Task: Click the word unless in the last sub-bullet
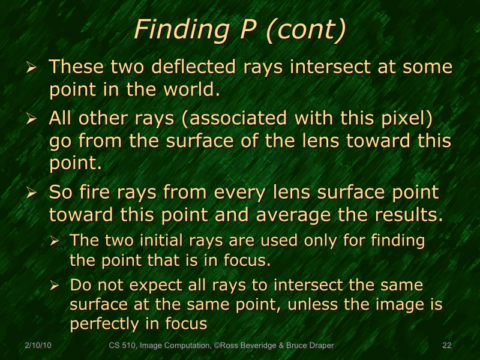click(x=312, y=304)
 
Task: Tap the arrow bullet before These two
click(x=32, y=67)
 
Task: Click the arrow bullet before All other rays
click(x=32, y=119)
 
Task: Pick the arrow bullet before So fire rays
click(x=32, y=194)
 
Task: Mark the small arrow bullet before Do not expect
click(x=55, y=285)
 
